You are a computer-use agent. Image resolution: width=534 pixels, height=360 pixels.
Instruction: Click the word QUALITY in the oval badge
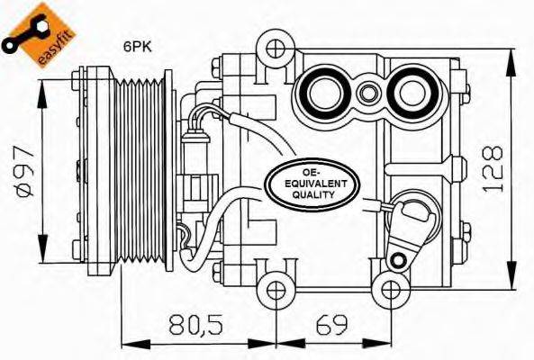pyautogui.click(x=313, y=194)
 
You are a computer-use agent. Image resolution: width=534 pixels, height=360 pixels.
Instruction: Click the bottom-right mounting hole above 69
pyautogui.click(x=391, y=289)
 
